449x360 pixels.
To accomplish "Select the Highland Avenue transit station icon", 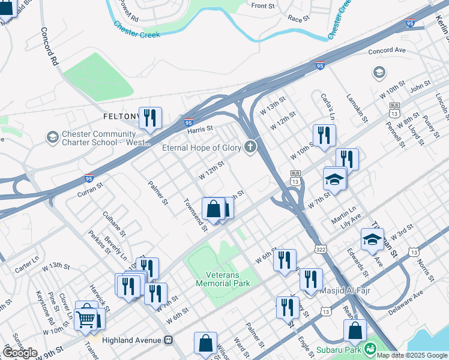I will click(169, 339).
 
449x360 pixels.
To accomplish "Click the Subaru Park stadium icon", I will click(370, 348).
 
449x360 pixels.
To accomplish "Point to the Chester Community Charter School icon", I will click(53, 138).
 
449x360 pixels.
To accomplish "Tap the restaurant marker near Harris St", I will click(150, 118).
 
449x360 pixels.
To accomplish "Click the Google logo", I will click(20, 353).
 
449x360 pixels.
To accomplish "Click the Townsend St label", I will click(195, 215).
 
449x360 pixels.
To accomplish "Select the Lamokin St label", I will click(357, 108).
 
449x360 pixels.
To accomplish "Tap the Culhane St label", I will click(113, 223).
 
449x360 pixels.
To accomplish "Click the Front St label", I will click(263, 6).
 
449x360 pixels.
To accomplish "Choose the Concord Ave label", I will click(388, 51).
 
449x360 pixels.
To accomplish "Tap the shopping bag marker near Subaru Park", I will click(355, 331).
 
